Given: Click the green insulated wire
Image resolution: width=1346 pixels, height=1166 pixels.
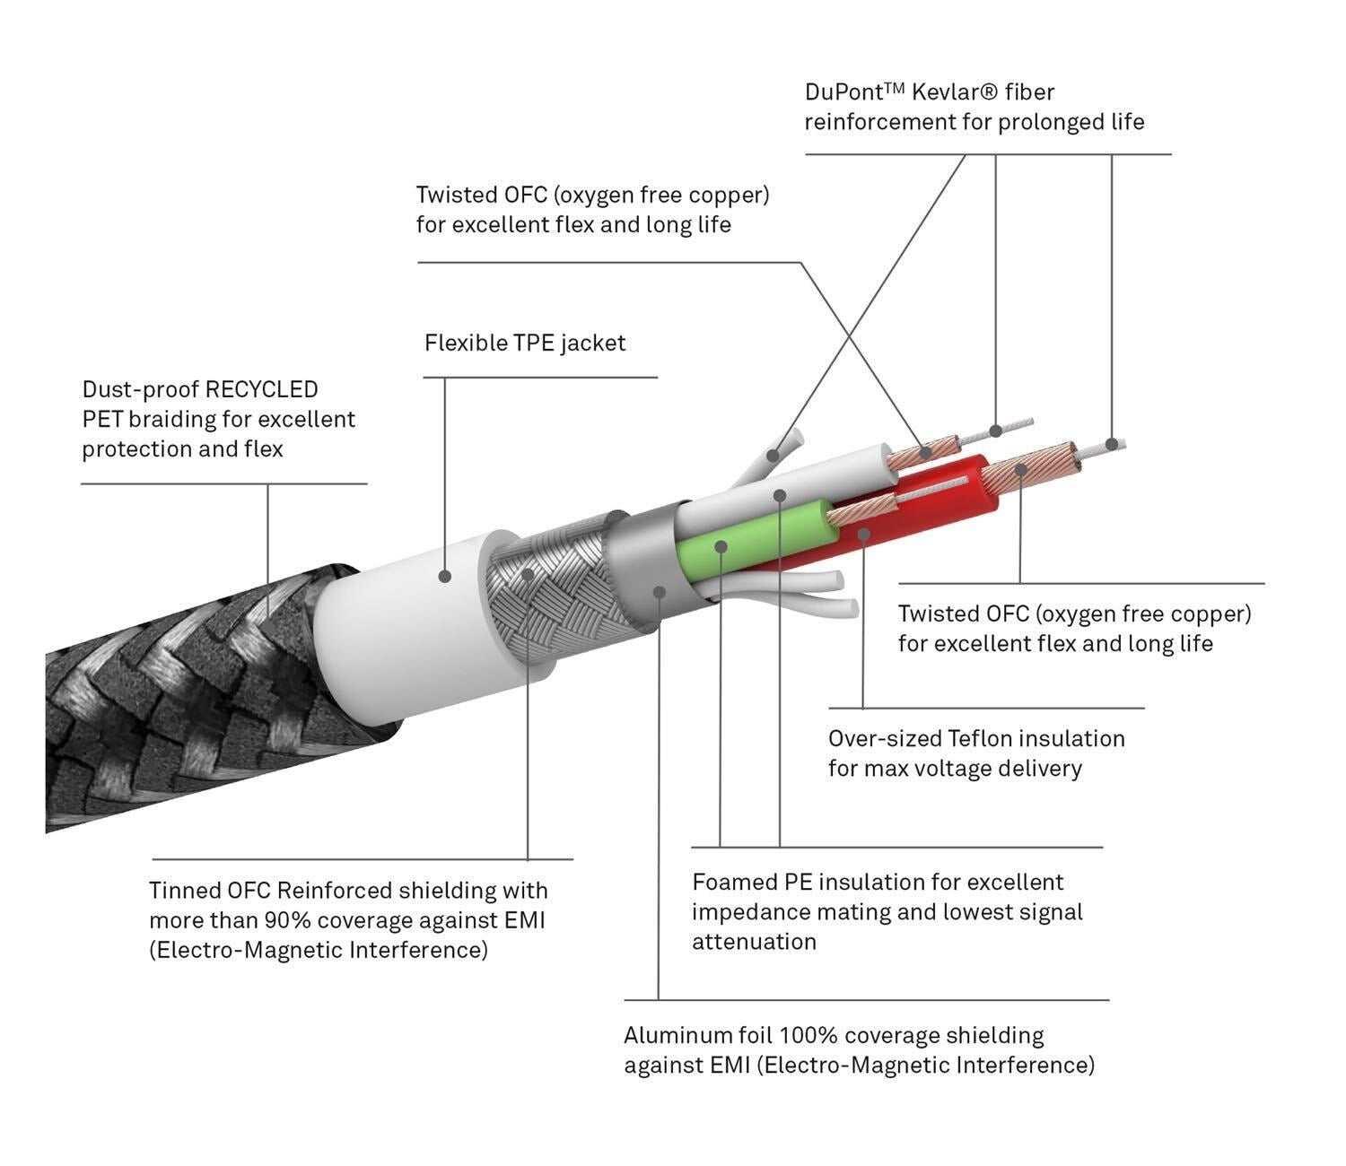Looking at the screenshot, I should click(763, 538).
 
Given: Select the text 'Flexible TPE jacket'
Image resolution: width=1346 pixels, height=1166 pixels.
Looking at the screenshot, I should click(525, 343).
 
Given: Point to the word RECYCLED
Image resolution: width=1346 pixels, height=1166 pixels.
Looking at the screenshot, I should click(261, 389).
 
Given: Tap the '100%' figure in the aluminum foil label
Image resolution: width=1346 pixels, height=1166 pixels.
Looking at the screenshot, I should click(808, 1035).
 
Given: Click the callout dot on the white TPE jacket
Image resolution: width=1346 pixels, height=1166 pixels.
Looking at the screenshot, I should click(445, 576).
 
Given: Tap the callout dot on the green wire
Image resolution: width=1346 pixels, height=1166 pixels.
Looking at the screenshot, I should click(721, 545).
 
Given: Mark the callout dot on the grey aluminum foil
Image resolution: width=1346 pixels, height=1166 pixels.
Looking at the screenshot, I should click(660, 592).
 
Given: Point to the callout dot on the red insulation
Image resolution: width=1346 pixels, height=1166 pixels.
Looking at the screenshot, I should click(863, 535).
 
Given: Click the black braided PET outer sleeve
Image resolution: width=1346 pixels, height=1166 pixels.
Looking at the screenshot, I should click(179, 700).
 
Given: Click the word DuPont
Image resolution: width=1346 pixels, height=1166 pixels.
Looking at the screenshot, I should click(844, 92).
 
